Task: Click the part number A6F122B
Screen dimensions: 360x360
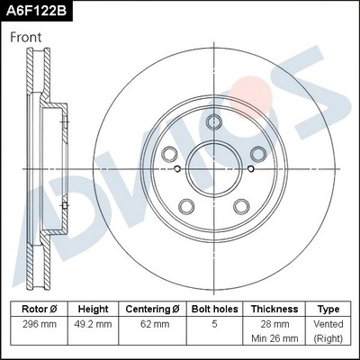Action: [38, 12]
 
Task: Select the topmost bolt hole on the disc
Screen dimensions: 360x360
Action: [215, 123]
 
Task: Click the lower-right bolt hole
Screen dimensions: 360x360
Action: [242, 206]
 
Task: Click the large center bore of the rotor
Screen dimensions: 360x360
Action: [215, 168]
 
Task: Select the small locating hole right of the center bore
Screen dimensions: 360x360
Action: [251, 168]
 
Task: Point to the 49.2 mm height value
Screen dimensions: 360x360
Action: [94, 322]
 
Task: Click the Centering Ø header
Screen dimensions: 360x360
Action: [154, 309]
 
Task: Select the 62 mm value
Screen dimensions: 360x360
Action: [154, 322]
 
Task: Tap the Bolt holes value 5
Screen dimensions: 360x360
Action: [213, 322]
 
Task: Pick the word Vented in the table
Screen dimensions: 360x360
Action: [328, 322]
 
